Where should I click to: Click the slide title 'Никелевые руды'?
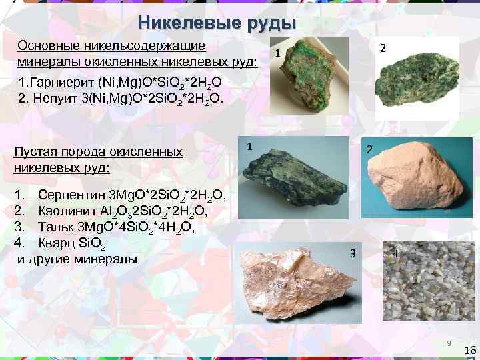click(x=217, y=22)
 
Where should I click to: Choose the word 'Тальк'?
click(x=55, y=227)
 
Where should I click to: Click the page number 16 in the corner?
click(x=469, y=351)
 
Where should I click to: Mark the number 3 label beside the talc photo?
click(x=353, y=253)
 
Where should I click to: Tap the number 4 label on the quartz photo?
click(x=395, y=254)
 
